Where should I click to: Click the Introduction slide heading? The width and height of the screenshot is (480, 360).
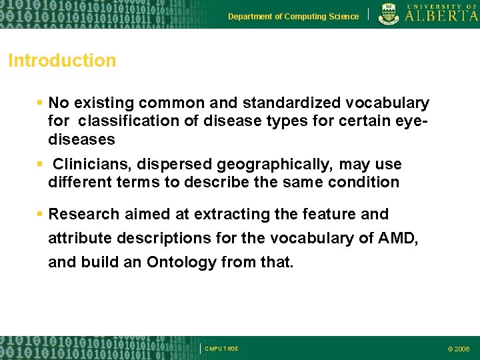[62, 61]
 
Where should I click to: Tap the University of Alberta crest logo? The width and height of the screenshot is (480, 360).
[389, 14]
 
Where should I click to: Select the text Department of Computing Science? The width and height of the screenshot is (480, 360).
[293, 17]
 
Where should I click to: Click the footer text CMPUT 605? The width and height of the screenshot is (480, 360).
[221, 349]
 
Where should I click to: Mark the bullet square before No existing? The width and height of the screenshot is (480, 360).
[40, 103]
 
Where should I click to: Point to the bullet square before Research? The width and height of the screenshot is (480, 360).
[40, 214]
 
